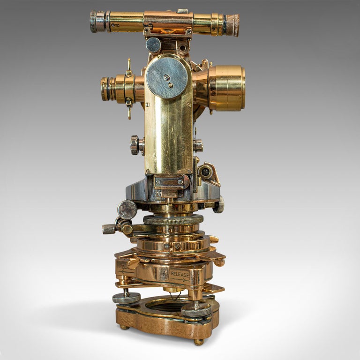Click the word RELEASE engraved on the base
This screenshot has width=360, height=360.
(180, 273)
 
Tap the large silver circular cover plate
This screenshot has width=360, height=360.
(166, 77)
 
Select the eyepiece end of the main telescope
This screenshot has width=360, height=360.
(106, 89)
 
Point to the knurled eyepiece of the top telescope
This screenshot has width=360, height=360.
(97, 21)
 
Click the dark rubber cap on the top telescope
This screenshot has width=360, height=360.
(232, 25)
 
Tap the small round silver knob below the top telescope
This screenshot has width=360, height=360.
(153, 45)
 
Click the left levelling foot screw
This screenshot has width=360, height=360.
(126, 298)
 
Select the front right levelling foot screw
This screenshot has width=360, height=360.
(196, 310)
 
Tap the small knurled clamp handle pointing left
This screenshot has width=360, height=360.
(109, 229)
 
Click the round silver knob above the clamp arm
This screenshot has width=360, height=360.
(127, 209)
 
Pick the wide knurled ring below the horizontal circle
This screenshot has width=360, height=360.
(173, 220)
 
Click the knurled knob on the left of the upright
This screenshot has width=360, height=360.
(135, 145)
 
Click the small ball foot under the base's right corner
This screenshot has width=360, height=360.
(199, 342)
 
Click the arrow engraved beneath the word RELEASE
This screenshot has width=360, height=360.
(180, 280)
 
